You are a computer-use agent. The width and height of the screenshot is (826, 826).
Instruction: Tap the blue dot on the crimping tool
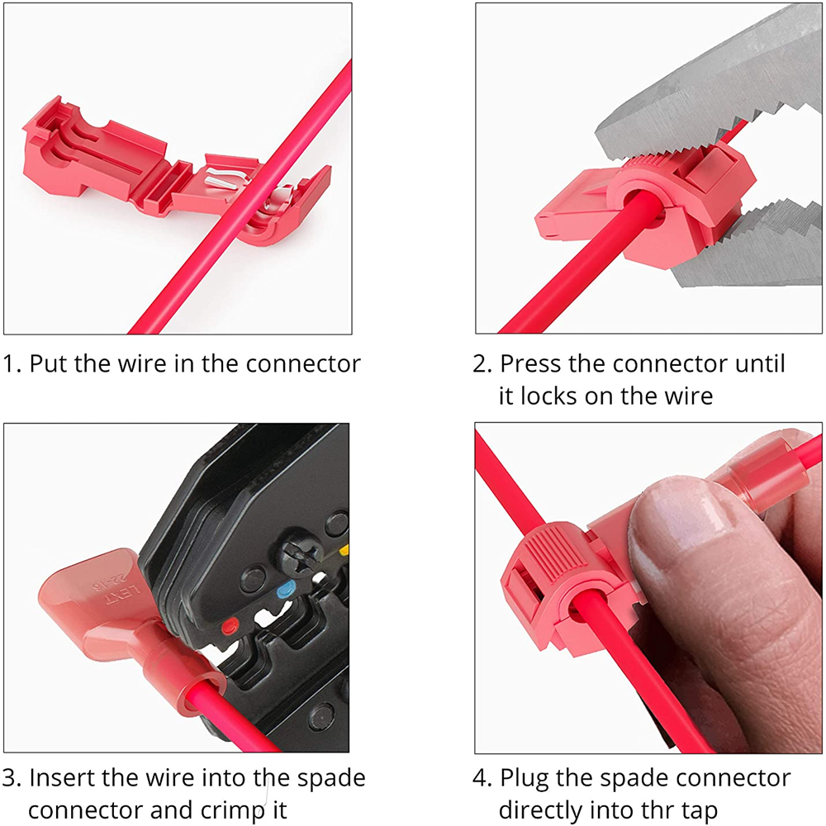point(287,590)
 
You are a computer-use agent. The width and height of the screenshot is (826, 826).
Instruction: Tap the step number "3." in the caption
point(14,777)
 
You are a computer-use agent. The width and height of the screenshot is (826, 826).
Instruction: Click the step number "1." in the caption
point(13,363)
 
